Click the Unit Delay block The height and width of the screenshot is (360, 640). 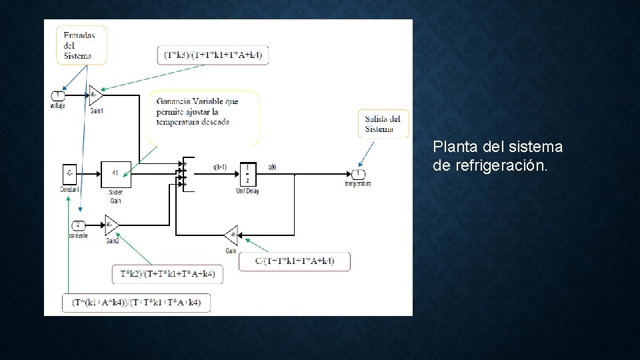click(x=247, y=174)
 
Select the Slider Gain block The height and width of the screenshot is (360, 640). click(x=115, y=174)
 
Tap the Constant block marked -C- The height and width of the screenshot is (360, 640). click(x=69, y=174)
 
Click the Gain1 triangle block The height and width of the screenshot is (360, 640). click(x=95, y=95)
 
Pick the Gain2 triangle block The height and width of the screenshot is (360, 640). click(x=111, y=225)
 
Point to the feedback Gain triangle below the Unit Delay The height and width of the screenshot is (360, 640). click(x=231, y=235)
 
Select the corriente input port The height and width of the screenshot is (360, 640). click(x=77, y=225)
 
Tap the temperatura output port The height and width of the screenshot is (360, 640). click(x=358, y=174)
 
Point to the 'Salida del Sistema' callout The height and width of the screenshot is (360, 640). click(x=383, y=123)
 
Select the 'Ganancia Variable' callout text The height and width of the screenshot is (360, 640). click(x=198, y=111)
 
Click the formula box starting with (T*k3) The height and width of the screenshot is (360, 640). click(x=213, y=55)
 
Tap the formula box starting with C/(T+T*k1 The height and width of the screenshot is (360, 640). click(x=294, y=261)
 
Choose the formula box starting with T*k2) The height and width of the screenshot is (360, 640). click(x=167, y=274)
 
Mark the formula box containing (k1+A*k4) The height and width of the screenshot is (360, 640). click(x=136, y=303)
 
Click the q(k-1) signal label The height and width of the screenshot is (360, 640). click(x=219, y=167)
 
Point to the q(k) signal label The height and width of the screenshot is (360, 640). click(x=272, y=167)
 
